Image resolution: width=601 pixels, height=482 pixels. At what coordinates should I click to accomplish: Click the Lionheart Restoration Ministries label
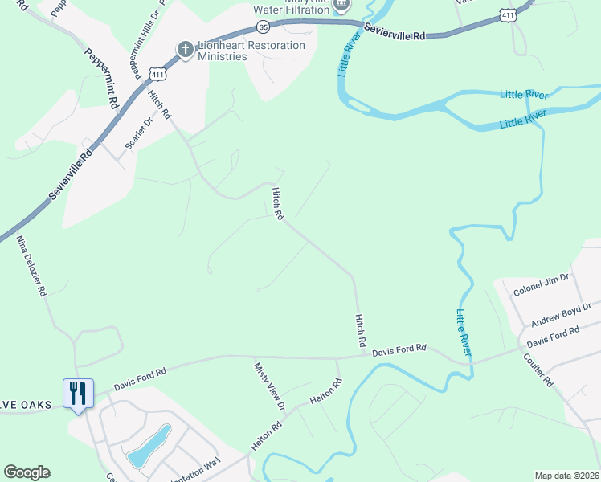point(250,51)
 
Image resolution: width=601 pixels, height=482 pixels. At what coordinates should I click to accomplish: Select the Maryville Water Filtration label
point(290,5)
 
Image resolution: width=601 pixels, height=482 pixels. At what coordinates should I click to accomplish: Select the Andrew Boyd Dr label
point(560,314)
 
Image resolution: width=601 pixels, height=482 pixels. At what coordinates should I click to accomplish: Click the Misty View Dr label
point(268,385)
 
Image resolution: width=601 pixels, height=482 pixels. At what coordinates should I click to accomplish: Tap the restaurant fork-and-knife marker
point(78,394)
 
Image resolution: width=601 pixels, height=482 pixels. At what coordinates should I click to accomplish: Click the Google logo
point(27,472)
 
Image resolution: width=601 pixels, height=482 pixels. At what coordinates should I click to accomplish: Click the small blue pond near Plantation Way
point(150,446)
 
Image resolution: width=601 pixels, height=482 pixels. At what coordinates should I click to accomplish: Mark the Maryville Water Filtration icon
point(342,4)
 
